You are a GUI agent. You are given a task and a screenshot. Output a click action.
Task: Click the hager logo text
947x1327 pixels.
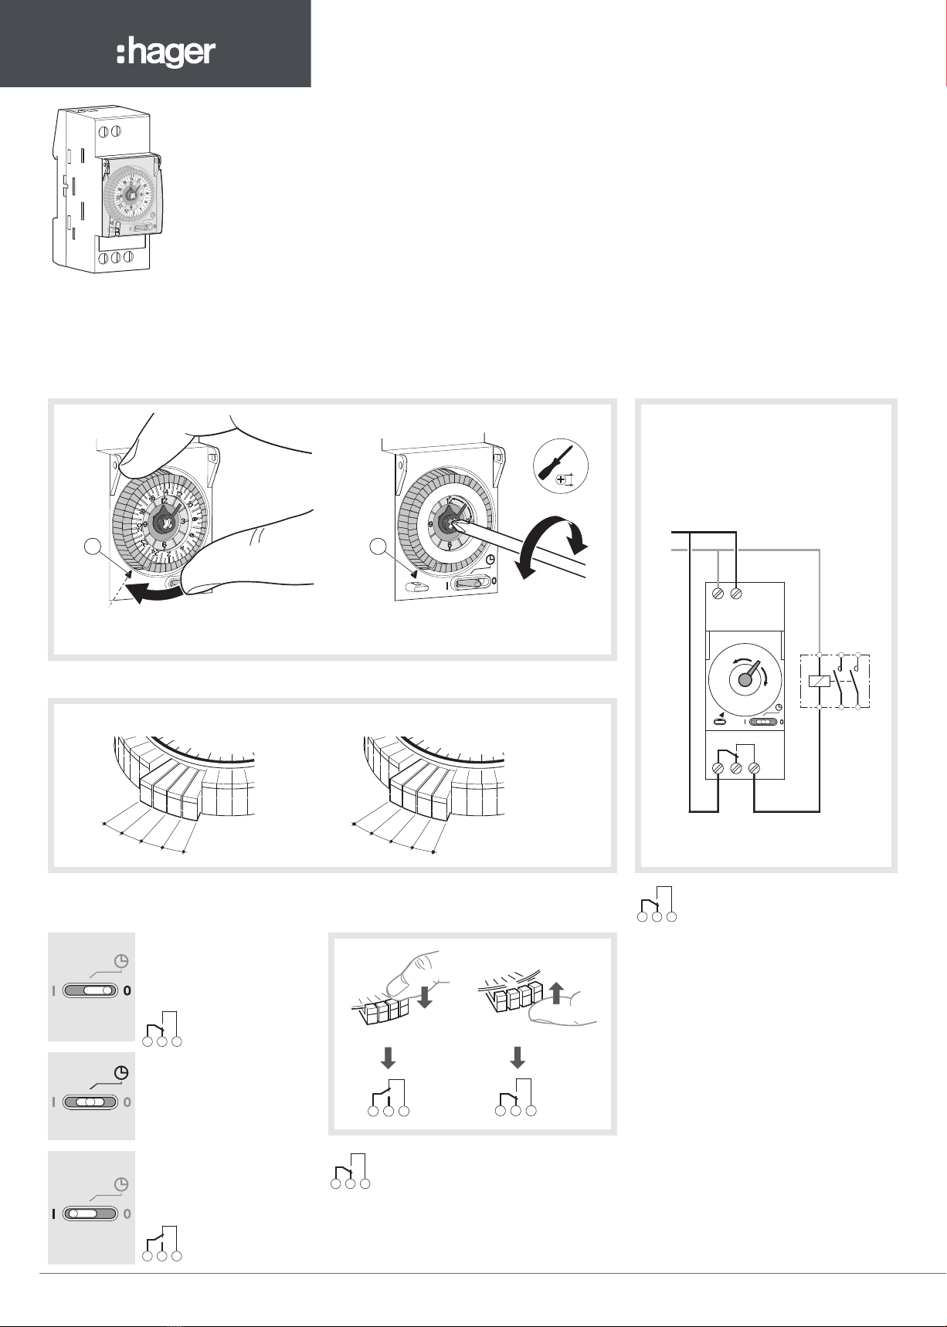166,54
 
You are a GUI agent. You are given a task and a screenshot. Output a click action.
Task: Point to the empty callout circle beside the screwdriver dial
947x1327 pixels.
378,547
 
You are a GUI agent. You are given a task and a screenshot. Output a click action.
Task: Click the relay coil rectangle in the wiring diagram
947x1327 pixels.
819,682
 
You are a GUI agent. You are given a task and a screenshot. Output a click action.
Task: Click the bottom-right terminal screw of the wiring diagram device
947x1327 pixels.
754,769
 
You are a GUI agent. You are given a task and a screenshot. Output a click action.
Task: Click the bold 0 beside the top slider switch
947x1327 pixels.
128,991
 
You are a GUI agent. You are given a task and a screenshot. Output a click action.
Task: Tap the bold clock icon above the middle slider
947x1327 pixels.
121,1072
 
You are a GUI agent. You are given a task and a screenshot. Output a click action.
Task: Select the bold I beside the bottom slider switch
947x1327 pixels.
53,1214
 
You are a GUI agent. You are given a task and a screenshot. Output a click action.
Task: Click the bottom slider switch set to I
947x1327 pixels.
90,1214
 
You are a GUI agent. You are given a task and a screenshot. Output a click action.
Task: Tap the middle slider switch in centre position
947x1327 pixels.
90,1102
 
